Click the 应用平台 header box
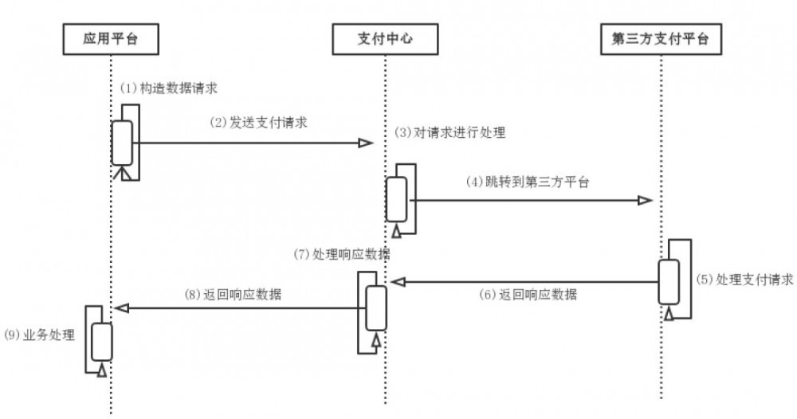click(x=110, y=38)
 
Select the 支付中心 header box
click(x=384, y=38)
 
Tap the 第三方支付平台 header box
click(x=661, y=38)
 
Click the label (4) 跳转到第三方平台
click(x=527, y=181)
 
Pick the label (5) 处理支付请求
click(x=743, y=280)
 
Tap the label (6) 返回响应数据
click(x=528, y=294)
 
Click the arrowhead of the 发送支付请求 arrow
click(x=366, y=143)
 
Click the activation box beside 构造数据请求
click(x=122, y=141)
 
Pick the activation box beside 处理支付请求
click(x=669, y=281)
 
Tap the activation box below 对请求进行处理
click(x=397, y=199)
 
